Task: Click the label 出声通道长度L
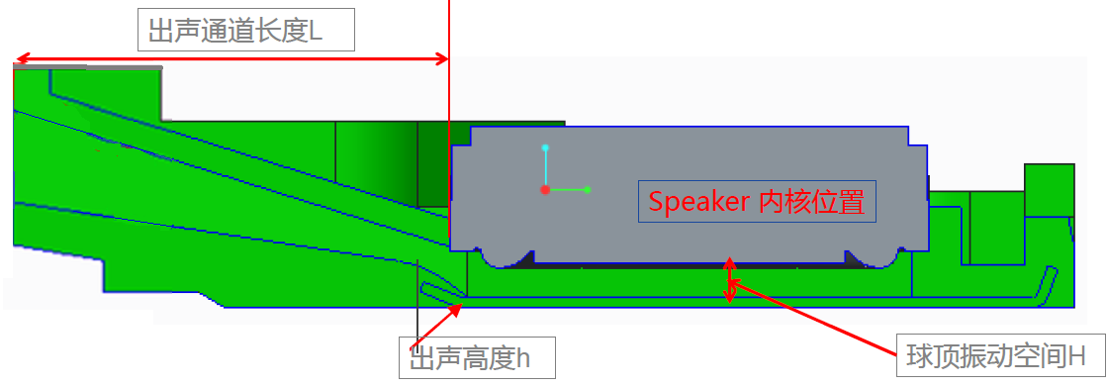pyautogui.click(x=245, y=33)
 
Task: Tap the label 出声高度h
pyautogui.click(x=476, y=357)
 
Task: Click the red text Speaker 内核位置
pyautogui.click(x=757, y=202)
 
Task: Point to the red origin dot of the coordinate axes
pyautogui.click(x=544, y=189)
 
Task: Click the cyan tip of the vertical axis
pyautogui.click(x=544, y=148)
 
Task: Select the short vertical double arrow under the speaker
pyautogui.click(x=730, y=280)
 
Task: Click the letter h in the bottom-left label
pyautogui.click(x=523, y=357)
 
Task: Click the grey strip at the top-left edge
pyautogui.click(x=89, y=67)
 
